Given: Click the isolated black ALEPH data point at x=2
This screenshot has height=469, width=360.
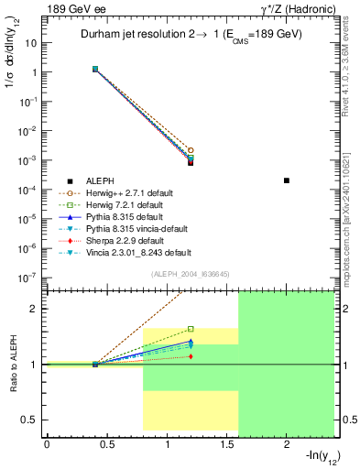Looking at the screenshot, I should tap(287, 180).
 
